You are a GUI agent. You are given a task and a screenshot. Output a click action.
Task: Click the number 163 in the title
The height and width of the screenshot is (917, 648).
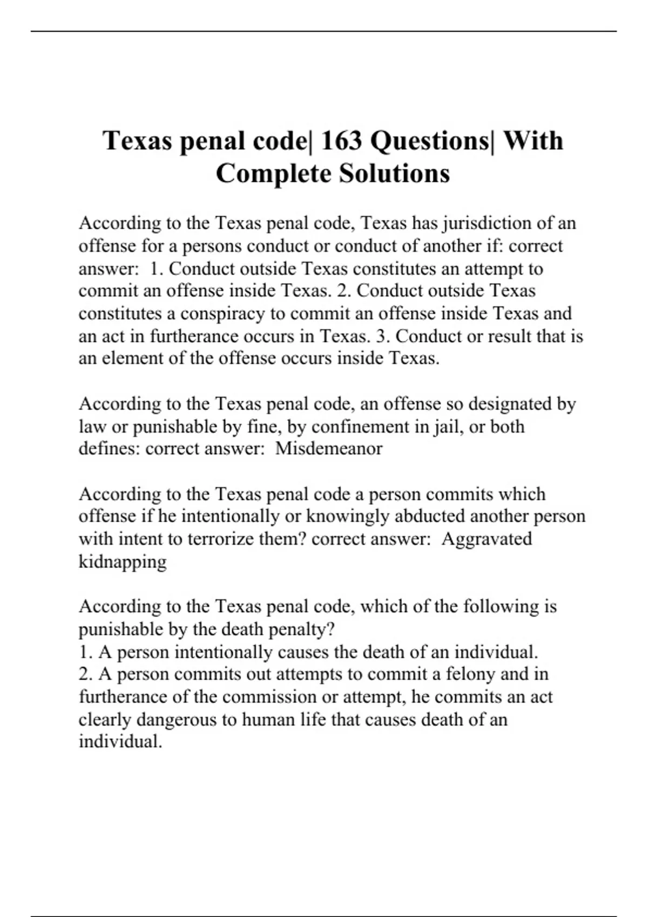click(342, 141)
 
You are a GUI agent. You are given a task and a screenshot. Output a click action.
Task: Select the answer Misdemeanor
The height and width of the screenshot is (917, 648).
click(329, 449)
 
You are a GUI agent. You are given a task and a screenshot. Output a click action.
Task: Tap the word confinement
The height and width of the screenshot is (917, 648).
click(361, 427)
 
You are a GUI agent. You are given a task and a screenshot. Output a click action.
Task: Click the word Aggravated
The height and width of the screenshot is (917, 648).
click(487, 539)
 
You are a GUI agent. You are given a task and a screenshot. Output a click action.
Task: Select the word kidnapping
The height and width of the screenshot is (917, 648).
click(123, 562)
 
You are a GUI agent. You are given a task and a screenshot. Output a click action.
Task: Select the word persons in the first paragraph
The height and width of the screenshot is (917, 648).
click(212, 246)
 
